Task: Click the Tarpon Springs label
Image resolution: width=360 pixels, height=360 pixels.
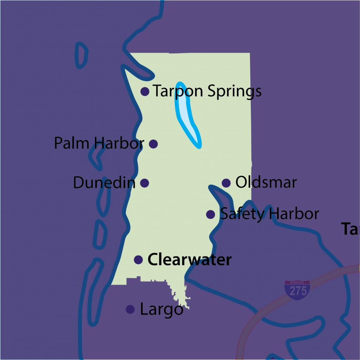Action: pyautogui.click(x=207, y=91)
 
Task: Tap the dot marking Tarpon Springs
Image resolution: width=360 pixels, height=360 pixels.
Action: pyautogui.click(x=144, y=91)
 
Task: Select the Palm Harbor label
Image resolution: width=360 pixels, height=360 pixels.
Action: pyautogui.click(x=99, y=143)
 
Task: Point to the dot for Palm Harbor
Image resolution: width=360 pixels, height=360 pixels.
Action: pyautogui.click(x=153, y=143)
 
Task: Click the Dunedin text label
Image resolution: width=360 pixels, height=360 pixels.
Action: pyautogui.click(x=104, y=183)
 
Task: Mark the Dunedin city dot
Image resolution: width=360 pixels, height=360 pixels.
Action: pyautogui.click(x=144, y=183)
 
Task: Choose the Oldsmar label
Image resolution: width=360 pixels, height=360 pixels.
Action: pyautogui.click(x=266, y=182)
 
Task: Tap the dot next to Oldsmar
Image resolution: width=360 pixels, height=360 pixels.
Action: pyautogui.click(x=226, y=183)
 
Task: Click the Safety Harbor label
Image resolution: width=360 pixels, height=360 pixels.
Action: pyautogui.click(x=269, y=214)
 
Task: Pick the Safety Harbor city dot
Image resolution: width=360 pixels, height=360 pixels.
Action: pyautogui.click(x=211, y=214)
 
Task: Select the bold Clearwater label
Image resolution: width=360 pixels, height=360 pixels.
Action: pyautogui.click(x=189, y=260)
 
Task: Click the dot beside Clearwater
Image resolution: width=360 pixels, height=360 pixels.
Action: pyautogui.click(x=138, y=260)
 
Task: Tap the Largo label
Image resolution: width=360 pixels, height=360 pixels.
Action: pyautogui.click(x=161, y=310)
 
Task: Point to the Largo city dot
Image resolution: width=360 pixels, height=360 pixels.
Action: pyautogui.click(x=130, y=309)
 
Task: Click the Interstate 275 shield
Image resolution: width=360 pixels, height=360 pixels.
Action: pyautogui.click(x=297, y=290)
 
